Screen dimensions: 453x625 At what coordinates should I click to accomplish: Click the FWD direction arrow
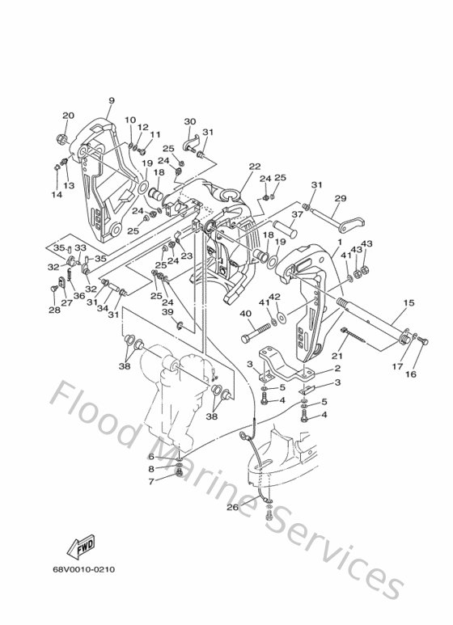[x=81, y=545]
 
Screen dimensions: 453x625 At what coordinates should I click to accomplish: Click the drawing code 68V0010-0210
[x=84, y=569]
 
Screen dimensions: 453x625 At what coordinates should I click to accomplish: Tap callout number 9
[x=112, y=100]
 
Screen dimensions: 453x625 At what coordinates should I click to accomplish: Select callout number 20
[x=68, y=116]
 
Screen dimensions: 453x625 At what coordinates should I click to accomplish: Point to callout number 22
[x=255, y=167]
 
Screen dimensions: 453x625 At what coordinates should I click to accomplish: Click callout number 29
[x=341, y=198]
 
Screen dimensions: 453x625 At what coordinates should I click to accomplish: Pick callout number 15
[x=409, y=303]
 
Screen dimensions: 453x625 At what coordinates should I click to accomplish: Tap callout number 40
[x=246, y=314]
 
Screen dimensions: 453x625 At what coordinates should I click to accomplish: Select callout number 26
[x=232, y=508]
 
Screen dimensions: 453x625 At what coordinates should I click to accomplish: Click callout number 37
[x=298, y=214]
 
